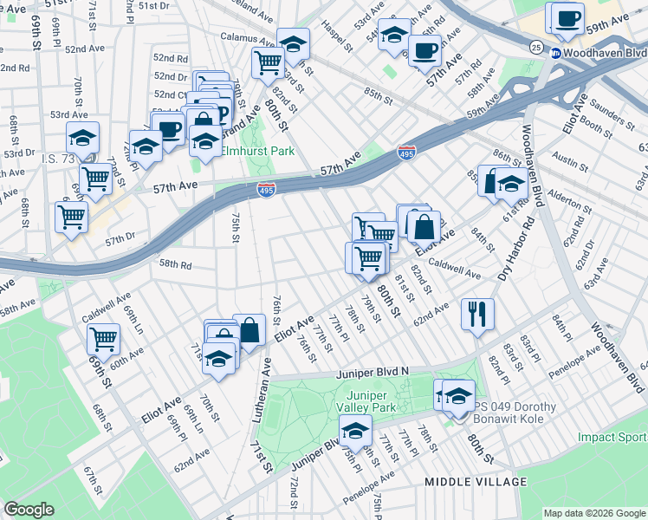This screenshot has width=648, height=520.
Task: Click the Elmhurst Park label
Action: click(x=258, y=151)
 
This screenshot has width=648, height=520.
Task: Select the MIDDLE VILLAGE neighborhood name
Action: click(x=475, y=481)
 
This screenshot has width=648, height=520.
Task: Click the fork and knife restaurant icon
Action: click(x=477, y=314)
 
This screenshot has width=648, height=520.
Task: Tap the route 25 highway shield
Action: click(x=537, y=47)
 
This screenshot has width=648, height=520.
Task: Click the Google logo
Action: click(x=29, y=510)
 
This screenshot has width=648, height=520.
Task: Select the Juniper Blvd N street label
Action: click(x=372, y=373)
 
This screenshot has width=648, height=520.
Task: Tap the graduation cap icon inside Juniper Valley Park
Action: click(x=355, y=430)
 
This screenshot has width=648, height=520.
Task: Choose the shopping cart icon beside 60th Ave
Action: click(x=104, y=338)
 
